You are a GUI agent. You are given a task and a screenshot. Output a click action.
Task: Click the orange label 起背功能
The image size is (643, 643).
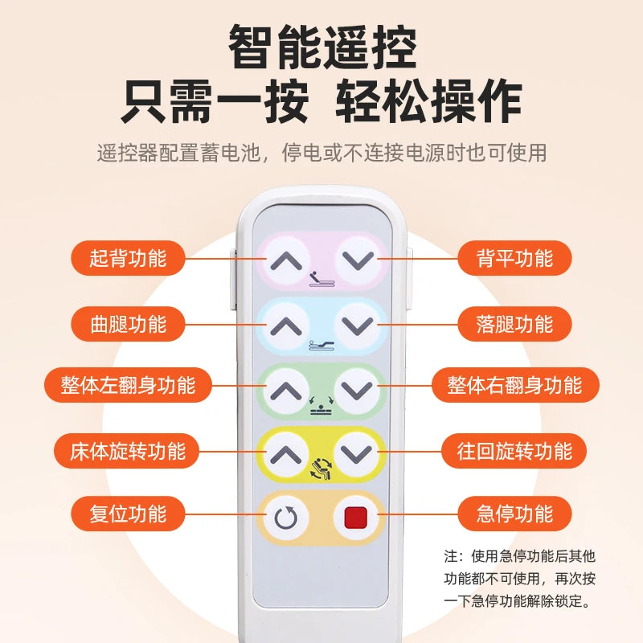pyautogui.click(x=128, y=259)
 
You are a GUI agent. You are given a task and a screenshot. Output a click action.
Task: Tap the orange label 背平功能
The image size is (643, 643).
pyautogui.click(x=515, y=259)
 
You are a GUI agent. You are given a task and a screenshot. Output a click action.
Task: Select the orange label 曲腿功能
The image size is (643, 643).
pyautogui.click(x=128, y=324)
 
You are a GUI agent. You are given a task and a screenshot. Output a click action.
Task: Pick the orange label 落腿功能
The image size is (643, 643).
pyautogui.click(x=515, y=324)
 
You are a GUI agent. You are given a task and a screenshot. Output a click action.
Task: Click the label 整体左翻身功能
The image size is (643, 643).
pyautogui.click(x=128, y=385)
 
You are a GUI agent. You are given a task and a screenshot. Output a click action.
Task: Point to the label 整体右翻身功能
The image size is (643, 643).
pyautogui.click(x=515, y=385)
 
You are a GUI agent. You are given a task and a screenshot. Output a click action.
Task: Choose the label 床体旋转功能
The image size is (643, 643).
pyautogui.click(x=128, y=451)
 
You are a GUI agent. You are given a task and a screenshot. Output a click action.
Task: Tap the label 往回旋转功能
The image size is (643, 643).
pyautogui.click(x=515, y=451)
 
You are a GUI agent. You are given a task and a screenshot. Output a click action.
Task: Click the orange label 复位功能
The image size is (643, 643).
pyautogui.click(x=128, y=514)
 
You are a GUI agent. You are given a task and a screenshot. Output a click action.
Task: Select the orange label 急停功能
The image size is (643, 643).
pyautogui.click(x=515, y=514)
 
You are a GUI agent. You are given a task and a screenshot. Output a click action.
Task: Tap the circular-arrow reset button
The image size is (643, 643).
pyautogui.click(x=286, y=518)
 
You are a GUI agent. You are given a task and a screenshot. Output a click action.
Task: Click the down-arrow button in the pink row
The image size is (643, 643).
pyautogui.click(x=356, y=260)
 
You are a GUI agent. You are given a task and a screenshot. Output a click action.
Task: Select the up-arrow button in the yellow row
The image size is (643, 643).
pyautogui.click(x=286, y=454)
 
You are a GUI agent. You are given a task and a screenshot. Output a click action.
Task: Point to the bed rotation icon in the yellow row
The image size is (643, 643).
pyautogui.click(x=321, y=466)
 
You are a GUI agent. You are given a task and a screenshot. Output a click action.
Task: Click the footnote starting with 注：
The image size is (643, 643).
pyautogui.click(x=519, y=578)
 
